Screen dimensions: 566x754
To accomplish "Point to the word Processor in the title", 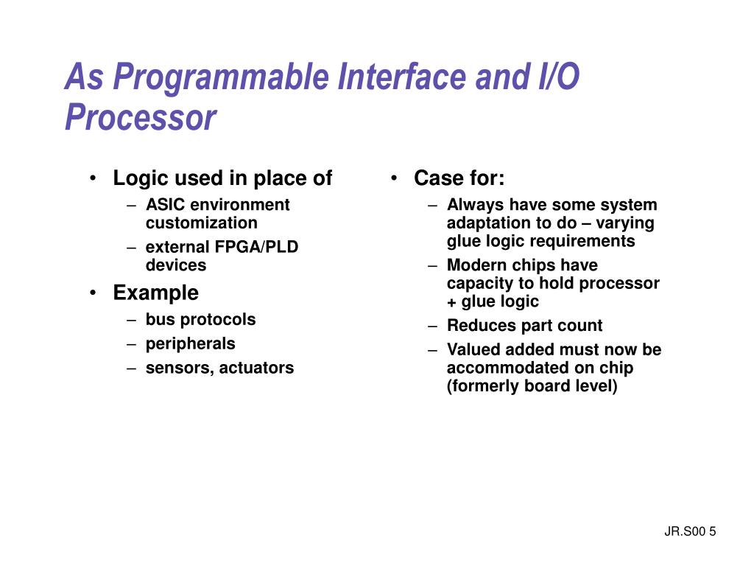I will pos(141,118).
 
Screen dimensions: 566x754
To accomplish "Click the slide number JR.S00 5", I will pos(690,532).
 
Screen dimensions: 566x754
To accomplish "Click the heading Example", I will pos(155,293).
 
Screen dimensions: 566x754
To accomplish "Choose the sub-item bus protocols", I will pos(200,320).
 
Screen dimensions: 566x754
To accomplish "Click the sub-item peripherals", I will pos(190,343).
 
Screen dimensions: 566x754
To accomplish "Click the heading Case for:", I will pos(459,178).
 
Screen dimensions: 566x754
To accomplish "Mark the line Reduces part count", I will pos(524,326).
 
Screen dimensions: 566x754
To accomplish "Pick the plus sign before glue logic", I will pos(451,302).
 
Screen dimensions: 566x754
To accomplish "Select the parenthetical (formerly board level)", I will pos(532,386).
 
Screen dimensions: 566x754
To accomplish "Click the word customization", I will pos(201,223).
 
